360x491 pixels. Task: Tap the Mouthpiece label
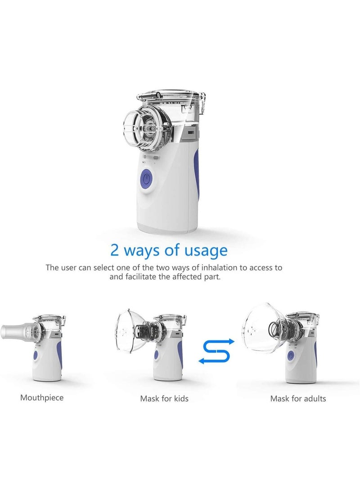tap(42, 398)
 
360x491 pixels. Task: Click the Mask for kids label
tap(164, 398)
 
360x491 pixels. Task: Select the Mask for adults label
tap(298, 398)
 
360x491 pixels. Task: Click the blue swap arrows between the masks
tap(217, 351)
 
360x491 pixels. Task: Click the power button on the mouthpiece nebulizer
tap(36, 356)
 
